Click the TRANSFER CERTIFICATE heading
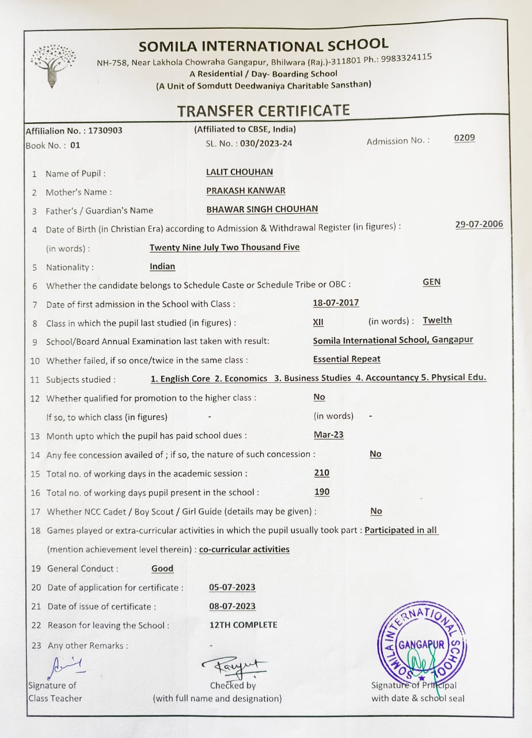point(263,110)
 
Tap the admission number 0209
point(464,138)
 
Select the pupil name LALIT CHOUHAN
point(240,172)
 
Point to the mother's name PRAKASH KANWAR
point(246,190)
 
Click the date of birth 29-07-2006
point(478,224)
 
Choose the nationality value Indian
point(162,266)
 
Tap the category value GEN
point(431,282)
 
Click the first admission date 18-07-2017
point(336,303)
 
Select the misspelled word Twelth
point(437,321)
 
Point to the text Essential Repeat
point(347,359)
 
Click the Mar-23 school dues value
point(328,435)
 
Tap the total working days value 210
point(322,473)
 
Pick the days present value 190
point(322,492)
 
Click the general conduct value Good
point(162,568)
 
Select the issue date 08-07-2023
point(233,607)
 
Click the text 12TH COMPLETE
point(243,625)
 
